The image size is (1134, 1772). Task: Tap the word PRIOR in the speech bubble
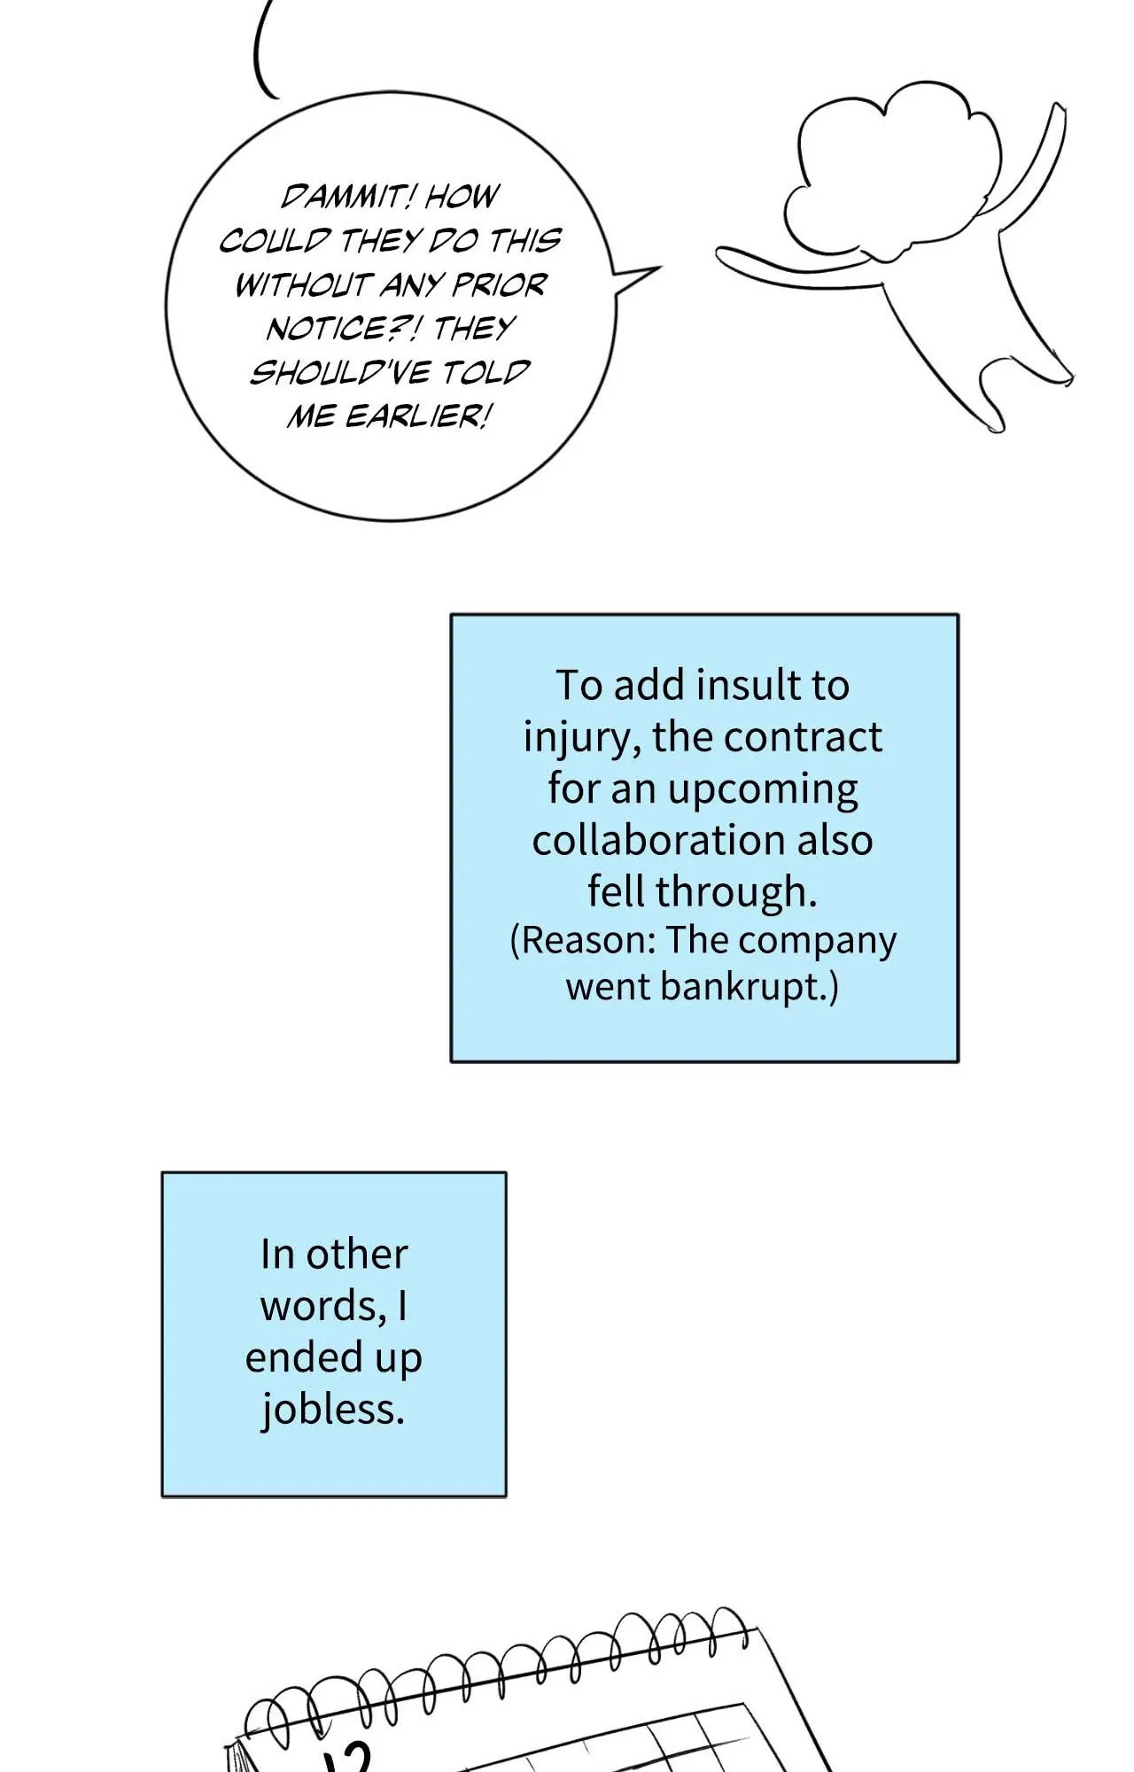pos(500,284)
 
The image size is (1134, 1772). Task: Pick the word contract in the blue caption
pos(812,736)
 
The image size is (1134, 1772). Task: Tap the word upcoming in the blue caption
pos(763,789)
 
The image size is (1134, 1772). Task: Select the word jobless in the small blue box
pos(332,1409)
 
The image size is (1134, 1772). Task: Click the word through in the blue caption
pos(735,891)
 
